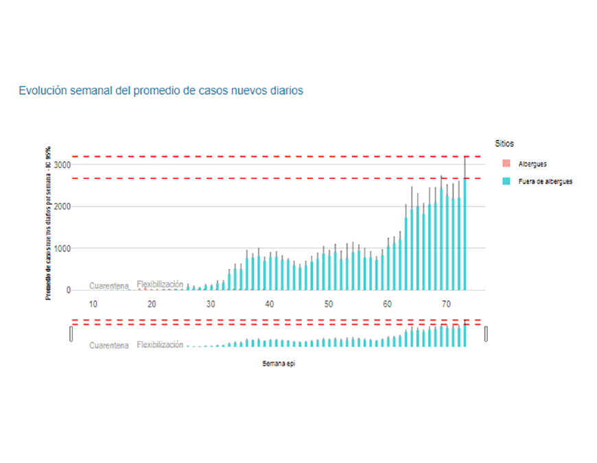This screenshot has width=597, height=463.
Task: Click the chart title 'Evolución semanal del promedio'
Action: pyautogui.click(x=161, y=91)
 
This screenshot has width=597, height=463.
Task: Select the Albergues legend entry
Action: pyautogui.click(x=532, y=164)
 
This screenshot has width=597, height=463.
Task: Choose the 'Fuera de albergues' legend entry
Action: pyautogui.click(x=545, y=181)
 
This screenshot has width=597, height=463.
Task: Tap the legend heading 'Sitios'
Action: pyautogui.click(x=504, y=143)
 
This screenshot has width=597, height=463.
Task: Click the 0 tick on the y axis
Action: pyautogui.click(x=67, y=291)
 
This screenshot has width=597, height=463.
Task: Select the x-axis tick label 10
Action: pyautogui.click(x=93, y=305)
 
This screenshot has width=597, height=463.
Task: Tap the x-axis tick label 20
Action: pyautogui.click(x=152, y=305)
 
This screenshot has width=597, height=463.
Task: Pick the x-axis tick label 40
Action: pyautogui.click(x=270, y=305)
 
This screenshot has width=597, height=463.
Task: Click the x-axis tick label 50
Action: pyautogui.click(x=329, y=305)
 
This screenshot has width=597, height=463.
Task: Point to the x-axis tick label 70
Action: pyautogui.click(x=446, y=305)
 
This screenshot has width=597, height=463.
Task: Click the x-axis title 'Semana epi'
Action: pyautogui.click(x=278, y=364)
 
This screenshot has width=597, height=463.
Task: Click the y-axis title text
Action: pyautogui.click(x=49, y=223)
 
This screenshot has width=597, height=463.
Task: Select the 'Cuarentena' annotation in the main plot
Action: pyautogui.click(x=108, y=286)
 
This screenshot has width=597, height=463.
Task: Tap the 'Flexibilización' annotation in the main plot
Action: pyautogui.click(x=160, y=284)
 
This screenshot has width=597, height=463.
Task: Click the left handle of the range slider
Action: pyautogui.click(x=71, y=334)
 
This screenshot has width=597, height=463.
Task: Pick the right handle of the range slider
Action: pyautogui.click(x=486, y=334)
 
